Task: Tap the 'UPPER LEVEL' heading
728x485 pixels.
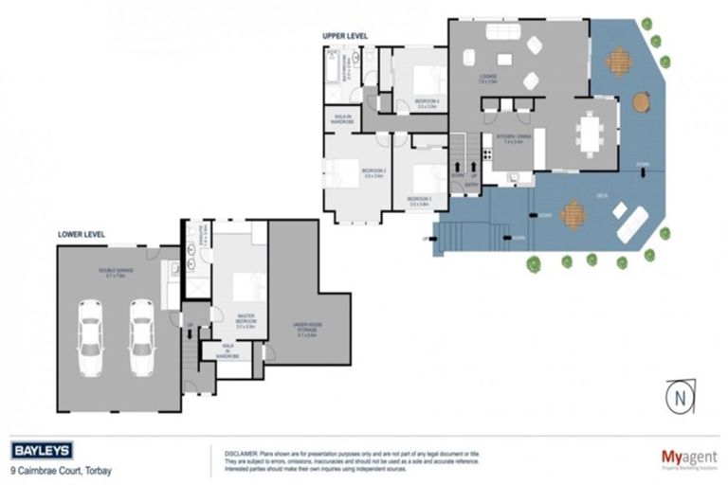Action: point(345,36)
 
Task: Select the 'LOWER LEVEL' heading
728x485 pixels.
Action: point(81,234)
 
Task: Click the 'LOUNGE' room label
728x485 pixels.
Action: point(488,78)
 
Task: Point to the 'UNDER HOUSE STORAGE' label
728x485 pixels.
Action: point(308,329)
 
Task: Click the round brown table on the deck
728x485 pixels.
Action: point(642,100)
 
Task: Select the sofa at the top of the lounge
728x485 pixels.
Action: point(501,32)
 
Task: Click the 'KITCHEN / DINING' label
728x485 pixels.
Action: point(503,137)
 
